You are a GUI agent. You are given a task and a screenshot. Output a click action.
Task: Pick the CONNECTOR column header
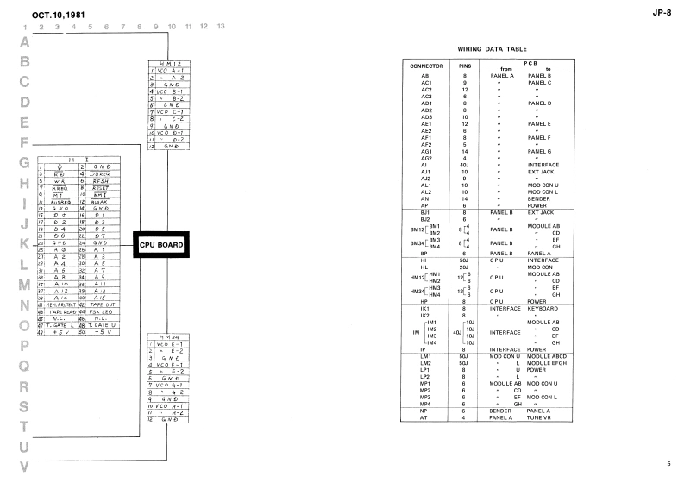click(x=426, y=66)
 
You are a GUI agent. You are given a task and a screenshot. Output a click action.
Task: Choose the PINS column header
click(x=465, y=66)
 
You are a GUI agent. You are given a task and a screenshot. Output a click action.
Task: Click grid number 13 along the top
click(x=221, y=27)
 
